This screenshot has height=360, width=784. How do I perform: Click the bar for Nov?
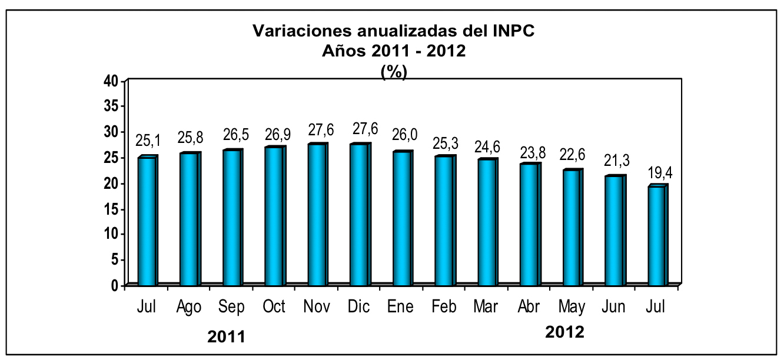click(x=318, y=214)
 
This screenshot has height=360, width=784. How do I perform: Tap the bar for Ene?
click(x=403, y=218)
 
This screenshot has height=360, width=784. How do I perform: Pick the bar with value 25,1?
click(x=147, y=221)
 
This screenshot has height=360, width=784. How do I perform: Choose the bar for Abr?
click(x=530, y=224)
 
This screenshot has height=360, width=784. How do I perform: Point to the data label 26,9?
click(x=278, y=135)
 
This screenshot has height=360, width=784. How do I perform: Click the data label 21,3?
click(x=616, y=161)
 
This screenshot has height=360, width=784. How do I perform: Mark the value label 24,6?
click(x=487, y=147)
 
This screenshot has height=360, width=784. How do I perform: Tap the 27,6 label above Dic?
click(x=365, y=129)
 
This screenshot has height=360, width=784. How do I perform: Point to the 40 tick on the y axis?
click(x=111, y=81)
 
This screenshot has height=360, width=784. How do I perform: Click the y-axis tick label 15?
click(x=112, y=209)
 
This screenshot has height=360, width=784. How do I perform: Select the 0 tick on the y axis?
click(x=115, y=285)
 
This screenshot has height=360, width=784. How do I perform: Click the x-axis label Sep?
click(x=231, y=307)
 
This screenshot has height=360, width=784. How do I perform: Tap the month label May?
click(x=572, y=307)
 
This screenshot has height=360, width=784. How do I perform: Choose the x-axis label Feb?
click(x=444, y=306)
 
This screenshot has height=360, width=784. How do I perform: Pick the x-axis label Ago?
click(x=189, y=307)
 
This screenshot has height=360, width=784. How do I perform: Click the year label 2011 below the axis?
click(x=226, y=337)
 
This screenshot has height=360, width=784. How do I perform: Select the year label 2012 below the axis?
click(x=564, y=332)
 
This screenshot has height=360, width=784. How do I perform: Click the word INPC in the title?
click(x=513, y=31)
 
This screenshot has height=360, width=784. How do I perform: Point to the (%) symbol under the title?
click(x=394, y=72)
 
